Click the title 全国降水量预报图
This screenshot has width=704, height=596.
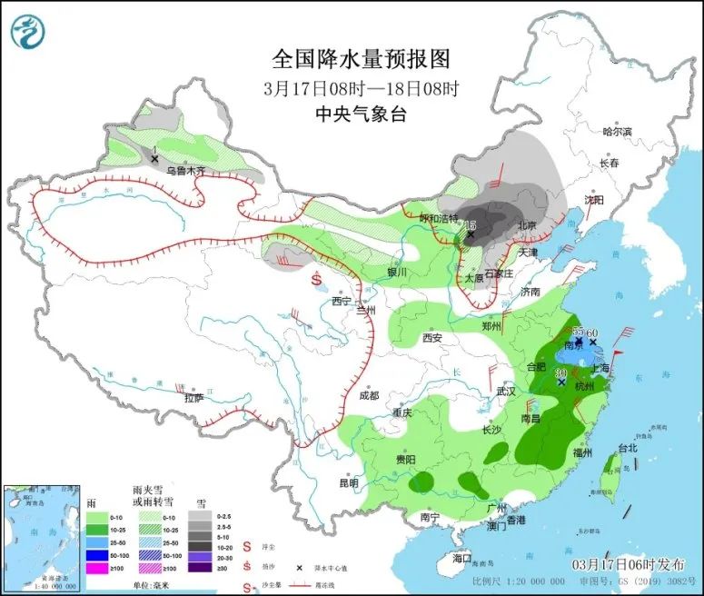coord(361,59)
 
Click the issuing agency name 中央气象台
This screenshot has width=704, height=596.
coord(360,114)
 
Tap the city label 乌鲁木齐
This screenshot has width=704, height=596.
coord(185,170)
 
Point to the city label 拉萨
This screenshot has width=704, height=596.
coord(193,397)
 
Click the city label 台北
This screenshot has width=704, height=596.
coord(628,448)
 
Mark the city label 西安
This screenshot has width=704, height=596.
coord(431,338)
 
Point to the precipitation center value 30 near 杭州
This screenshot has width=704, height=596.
coord(561,372)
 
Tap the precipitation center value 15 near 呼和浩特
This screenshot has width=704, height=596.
coord(471,224)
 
